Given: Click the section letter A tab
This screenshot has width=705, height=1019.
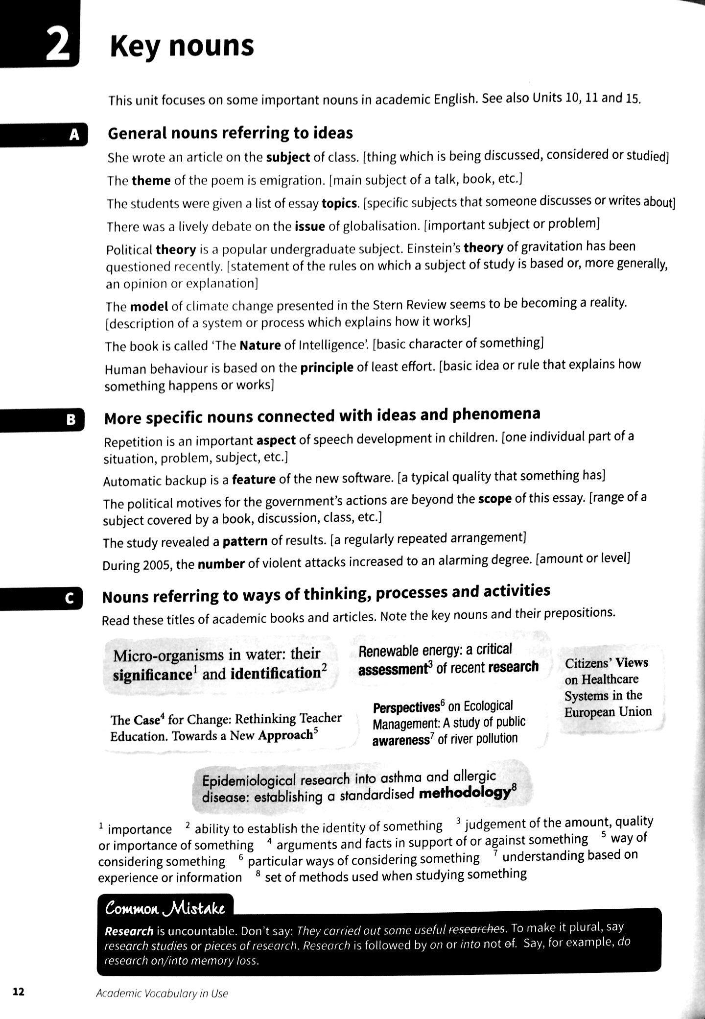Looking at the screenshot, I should (74, 135).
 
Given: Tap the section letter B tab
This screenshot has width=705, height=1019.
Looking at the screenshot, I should (71, 420).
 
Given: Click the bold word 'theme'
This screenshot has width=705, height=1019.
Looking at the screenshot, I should (151, 181).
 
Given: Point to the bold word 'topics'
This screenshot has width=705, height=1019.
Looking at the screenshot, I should (340, 203).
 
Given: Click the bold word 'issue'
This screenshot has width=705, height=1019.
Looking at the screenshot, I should (310, 226).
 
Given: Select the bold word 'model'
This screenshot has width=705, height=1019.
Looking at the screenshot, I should (149, 307).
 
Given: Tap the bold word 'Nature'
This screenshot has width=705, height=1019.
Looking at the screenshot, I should (260, 345).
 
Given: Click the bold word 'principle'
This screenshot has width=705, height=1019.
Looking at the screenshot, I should (327, 367).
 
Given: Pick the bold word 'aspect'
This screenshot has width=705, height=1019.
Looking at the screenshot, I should (276, 440).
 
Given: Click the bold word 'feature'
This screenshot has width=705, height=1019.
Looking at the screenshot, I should (254, 479).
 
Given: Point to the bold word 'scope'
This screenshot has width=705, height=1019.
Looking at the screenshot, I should (494, 499).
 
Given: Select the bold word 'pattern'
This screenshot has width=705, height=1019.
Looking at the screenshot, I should (245, 541).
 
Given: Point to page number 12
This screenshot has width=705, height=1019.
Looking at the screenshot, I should (18, 992).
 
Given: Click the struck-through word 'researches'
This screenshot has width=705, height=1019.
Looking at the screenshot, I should (476, 929).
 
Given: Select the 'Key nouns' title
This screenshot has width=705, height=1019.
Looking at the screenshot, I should (182, 47).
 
